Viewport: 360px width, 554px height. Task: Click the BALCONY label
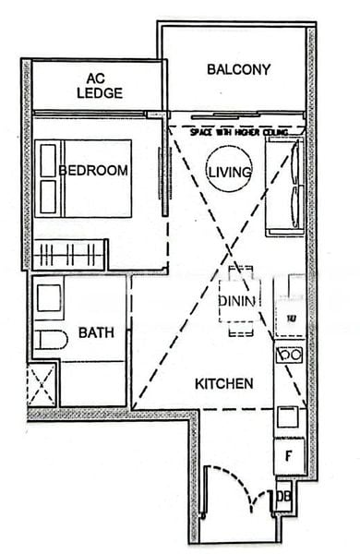(x=238, y=69)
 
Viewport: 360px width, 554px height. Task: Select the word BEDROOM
(x=93, y=171)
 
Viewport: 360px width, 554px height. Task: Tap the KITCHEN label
(x=223, y=382)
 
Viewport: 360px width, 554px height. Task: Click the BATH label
(x=96, y=332)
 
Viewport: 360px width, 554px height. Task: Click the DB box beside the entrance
(x=283, y=499)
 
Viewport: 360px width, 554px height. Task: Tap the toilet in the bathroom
(x=51, y=339)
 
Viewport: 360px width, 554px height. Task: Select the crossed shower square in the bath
(x=42, y=384)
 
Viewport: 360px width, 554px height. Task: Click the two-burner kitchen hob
(x=290, y=354)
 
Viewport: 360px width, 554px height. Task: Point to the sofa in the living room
(x=284, y=187)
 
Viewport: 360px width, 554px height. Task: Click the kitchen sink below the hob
(x=288, y=416)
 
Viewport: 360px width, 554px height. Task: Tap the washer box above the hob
(x=289, y=319)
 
